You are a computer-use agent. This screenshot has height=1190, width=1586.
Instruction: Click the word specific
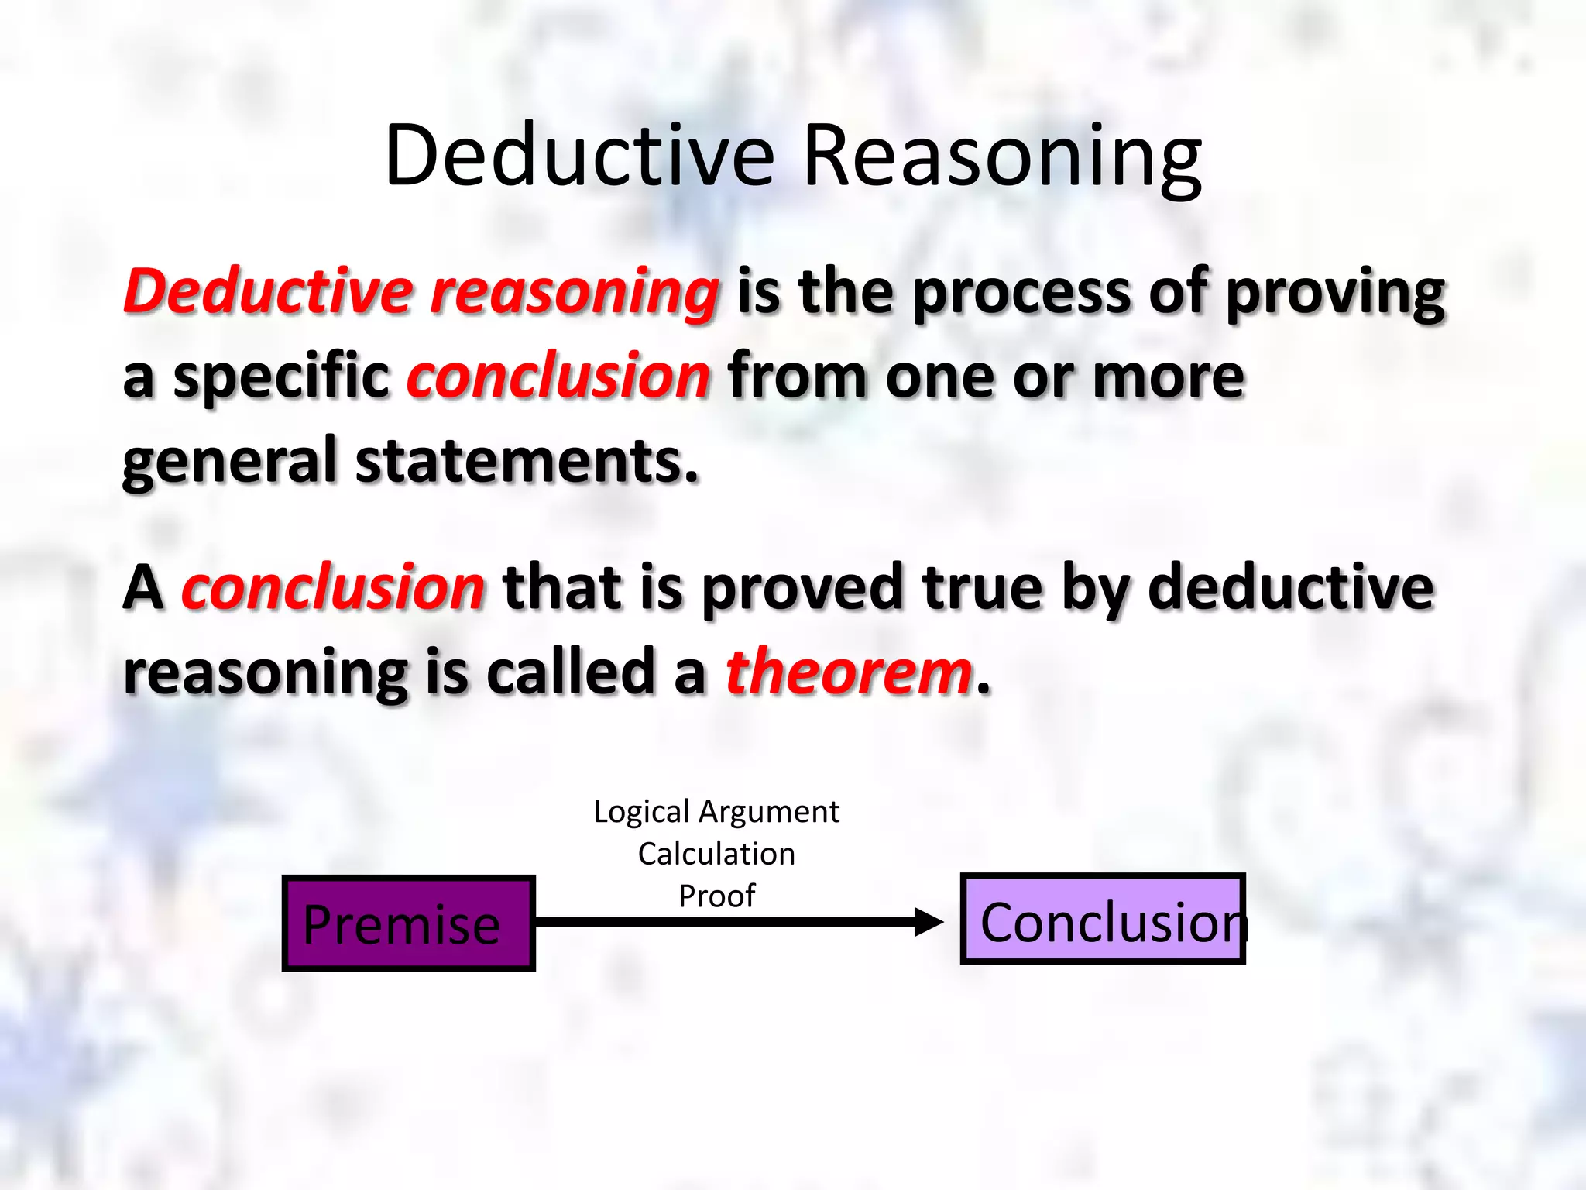[x=281, y=378]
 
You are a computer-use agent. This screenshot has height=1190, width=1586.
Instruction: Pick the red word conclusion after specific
[x=558, y=377]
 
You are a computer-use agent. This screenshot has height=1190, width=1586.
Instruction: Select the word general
[x=230, y=463]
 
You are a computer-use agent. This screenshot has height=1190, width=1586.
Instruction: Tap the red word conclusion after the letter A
[x=333, y=587]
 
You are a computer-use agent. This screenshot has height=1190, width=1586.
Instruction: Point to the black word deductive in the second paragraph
[x=1290, y=587]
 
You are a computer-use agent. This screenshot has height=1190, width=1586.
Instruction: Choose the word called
[x=571, y=672]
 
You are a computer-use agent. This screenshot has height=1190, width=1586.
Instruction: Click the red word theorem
[x=849, y=672]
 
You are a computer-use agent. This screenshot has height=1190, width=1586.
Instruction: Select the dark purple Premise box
[x=408, y=923]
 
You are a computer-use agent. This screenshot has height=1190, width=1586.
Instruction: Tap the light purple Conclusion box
[x=1102, y=920]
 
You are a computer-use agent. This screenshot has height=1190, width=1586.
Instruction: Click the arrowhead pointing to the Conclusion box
[x=929, y=922]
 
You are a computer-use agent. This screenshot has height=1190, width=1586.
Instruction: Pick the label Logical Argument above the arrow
[x=716, y=812]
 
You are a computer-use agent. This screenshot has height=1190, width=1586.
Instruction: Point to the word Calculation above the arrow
[x=716, y=854]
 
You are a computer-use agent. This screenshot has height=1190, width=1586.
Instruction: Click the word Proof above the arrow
[x=716, y=896]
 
